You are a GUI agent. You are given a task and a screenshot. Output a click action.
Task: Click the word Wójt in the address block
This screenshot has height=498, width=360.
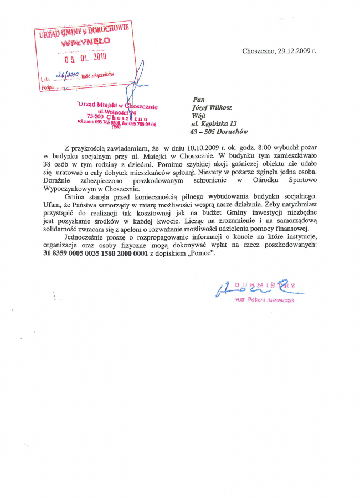tap(197, 117)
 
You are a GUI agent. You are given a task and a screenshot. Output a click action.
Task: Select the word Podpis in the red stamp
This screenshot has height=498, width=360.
tap(49, 87)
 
